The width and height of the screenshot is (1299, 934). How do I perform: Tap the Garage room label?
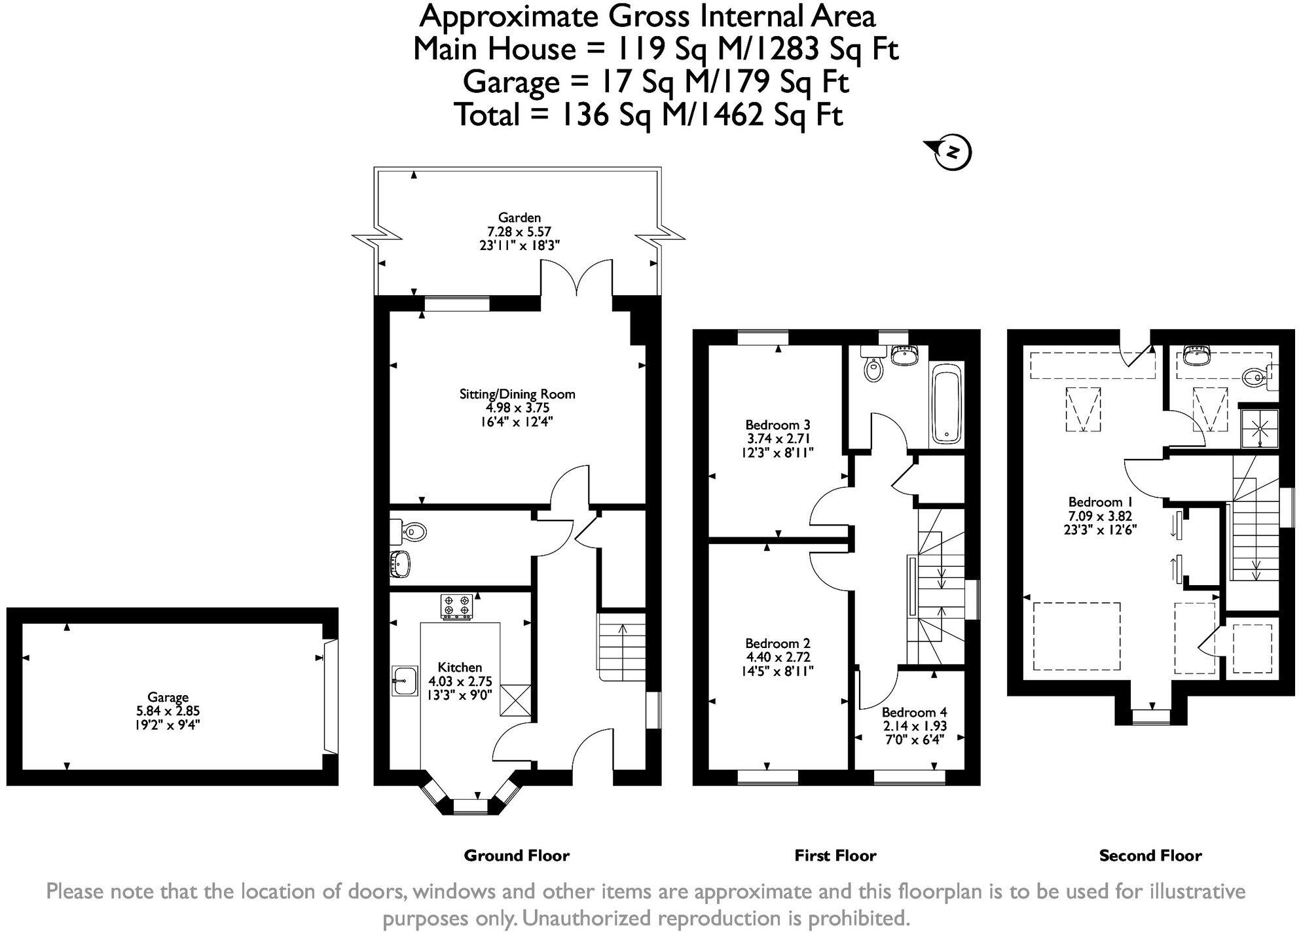click(x=168, y=697)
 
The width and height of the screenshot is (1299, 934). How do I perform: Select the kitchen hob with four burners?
click(x=457, y=605)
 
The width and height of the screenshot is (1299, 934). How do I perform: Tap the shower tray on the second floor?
click(x=1259, y=429)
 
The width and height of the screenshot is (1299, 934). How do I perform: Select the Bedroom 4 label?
click(x=914, y=712)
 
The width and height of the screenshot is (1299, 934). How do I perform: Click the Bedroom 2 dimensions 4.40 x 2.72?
click(x=778, y=657)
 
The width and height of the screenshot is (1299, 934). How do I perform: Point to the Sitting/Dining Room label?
click(x=517, y=394)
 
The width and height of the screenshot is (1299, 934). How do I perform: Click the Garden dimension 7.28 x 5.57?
click(x=519, y=232)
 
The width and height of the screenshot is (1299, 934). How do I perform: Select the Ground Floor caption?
click(x=517, y=855)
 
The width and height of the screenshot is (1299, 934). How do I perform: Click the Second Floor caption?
click(x=1150, y=855)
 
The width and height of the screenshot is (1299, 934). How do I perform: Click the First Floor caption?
click(x=835, y=855)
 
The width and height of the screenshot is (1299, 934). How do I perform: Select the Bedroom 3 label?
click(x=778, y=425)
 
